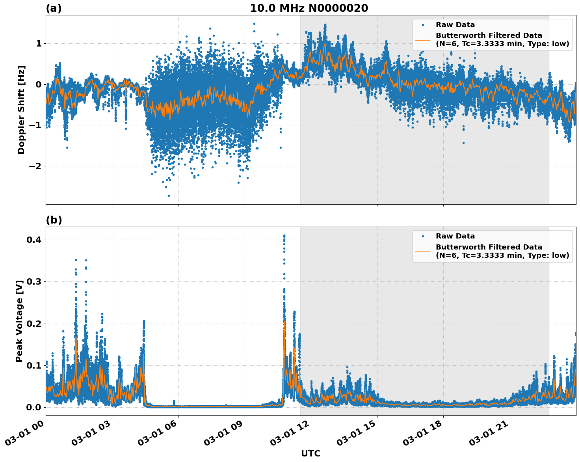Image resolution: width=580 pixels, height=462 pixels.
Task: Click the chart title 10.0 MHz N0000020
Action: coord(309,8)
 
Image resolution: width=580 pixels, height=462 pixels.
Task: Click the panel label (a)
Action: coord(54,8)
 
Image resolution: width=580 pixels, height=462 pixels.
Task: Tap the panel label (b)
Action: coord(54,220)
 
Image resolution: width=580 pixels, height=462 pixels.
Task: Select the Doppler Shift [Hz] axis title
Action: coord(21,110)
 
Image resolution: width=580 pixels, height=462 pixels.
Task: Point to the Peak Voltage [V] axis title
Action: coord(19,321)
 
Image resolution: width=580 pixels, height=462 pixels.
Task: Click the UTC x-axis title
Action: coord(310,453)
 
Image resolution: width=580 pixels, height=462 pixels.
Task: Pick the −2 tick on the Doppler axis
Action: coord(35,166)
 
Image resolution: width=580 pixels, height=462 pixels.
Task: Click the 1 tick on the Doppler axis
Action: coord(39,43)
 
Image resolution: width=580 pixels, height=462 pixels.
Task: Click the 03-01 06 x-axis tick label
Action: coord(158,434)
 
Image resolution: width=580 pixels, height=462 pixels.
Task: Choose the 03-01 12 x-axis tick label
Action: coord(290,434)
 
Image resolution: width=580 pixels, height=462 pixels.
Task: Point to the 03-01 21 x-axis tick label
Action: coord(489,434)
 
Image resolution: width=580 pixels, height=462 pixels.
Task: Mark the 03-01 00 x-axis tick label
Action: coord(25,434)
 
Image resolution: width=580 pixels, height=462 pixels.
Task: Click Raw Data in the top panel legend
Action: coord(455,25)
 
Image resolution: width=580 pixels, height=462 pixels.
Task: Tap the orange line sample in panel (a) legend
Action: coord(423,39)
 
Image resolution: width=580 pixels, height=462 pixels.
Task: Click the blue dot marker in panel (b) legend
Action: coord(423,236)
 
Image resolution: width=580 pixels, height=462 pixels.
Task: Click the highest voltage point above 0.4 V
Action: coord(284,236)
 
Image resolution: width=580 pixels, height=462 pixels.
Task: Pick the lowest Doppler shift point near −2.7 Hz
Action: coord(169,196)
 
